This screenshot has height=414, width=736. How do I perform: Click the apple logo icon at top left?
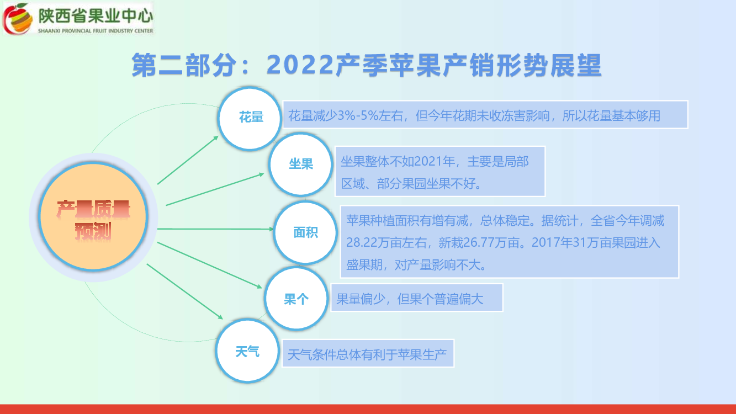(x=18, y=18)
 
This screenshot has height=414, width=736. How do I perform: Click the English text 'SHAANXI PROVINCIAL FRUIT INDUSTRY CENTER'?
(x=96, y=31)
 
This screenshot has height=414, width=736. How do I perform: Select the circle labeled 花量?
(x=250, y=118)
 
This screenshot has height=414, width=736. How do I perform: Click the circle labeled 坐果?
(x=300, y=164)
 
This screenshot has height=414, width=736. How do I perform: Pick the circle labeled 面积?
(x=305, y=233)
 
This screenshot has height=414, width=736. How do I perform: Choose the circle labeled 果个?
(x=296, y=299)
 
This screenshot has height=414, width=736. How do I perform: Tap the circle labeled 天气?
(x=247, y=351)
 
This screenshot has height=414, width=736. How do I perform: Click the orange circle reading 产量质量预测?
(x=93, y=217)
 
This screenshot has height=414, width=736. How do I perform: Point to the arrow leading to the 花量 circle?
(x=188, y=160)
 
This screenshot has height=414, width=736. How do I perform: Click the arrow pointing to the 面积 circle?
(x=215, y=229)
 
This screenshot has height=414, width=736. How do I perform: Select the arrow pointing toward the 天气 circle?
(x=185, y=291)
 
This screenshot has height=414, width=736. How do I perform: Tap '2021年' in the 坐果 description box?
(x=435, y=162)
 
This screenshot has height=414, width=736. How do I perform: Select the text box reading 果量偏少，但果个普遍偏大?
(x=417, y=298)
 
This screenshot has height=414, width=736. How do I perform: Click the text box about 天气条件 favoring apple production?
(x=368, y=353)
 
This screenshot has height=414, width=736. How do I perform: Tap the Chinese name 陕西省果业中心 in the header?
(x=96, y=16)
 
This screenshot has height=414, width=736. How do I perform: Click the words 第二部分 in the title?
(x=184, y=65)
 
